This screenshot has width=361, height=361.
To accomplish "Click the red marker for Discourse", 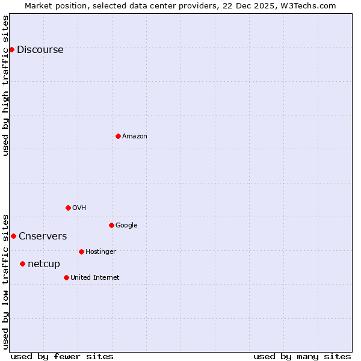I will tap(11, 49).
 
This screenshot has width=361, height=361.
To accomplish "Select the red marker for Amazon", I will tap(118, 136).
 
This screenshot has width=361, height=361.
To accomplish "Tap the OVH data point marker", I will tap(68, 208).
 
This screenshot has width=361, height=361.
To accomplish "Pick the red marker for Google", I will tap(111, 225).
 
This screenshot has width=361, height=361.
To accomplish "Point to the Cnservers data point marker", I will tap(13, 236).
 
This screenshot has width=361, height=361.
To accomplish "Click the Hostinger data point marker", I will tap(81, 251).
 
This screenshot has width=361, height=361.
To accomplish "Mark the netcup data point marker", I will tap(22, 264).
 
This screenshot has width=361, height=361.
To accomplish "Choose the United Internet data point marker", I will tap(66, 277).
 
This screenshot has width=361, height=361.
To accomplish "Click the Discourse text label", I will tap(40, 50).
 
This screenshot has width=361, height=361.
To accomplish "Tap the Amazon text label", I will tap(134, 137).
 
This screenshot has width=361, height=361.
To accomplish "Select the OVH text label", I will tap(79, 208).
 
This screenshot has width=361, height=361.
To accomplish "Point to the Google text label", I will tap(126, 226).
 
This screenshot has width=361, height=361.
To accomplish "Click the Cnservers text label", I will tap(43, 236).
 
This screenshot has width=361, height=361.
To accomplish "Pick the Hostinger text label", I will tap(100, 252).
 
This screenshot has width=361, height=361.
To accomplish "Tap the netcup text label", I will tap(44, 264).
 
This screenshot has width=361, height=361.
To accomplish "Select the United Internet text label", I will tap(94, 278).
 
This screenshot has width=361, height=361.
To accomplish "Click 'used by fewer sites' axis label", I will tap(62, 356).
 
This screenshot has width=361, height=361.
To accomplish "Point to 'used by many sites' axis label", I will tap(302, 356).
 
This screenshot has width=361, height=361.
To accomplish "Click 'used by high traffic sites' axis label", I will tap(6, 85).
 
